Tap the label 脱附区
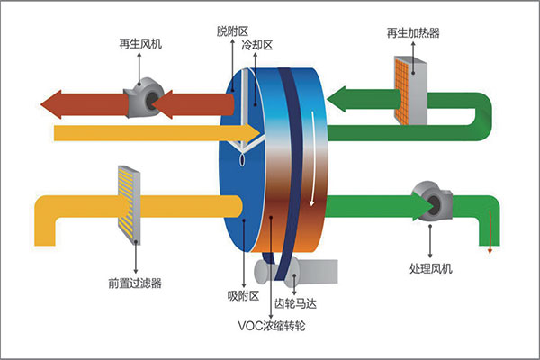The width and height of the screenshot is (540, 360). click(x=232, y=31)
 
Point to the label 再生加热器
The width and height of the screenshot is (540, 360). click(x=413, y=34)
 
